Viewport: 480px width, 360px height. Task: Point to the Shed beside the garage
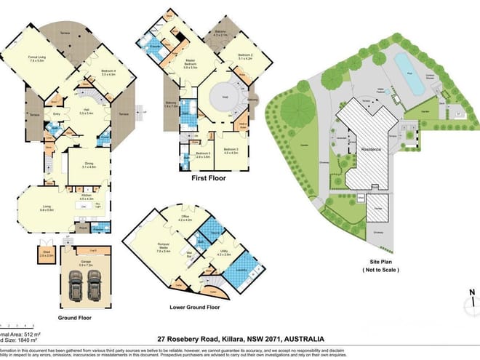pyautogui.click(x=47, y=257)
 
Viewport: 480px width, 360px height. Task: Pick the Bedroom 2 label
pyautogui.click(x=244, y=56)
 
